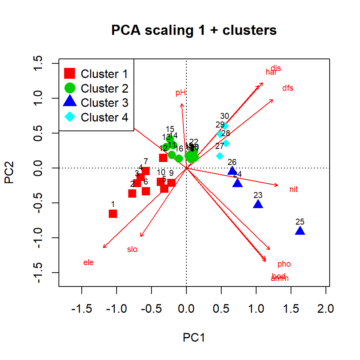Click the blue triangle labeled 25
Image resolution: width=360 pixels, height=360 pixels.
coord(300,231)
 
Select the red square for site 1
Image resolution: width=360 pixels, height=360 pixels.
coord(113,214)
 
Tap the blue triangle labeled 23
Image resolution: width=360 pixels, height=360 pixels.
coord(258,204)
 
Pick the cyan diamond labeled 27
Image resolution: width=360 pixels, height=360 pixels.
coord(220,156)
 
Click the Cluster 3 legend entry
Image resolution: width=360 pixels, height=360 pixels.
coord(105,103)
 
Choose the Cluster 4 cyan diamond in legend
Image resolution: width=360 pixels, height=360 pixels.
coord(70,117)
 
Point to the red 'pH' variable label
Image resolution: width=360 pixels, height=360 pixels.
coord(181,93)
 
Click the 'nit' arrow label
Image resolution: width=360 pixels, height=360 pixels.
coord(294,189)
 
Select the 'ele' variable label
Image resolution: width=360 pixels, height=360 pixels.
coord(88,262)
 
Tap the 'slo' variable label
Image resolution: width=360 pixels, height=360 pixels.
coord(132,249)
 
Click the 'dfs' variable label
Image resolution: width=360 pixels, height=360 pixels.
coord(288,88)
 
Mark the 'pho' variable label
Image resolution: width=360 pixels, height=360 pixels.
coord(284,264)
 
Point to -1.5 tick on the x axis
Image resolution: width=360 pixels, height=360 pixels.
coord(82,309)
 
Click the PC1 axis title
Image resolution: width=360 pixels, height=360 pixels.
coord(194,337)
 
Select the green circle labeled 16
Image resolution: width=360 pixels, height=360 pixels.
coord(179,159)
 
